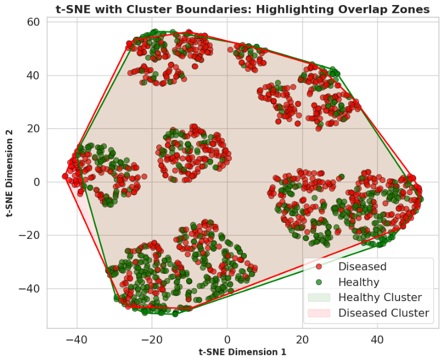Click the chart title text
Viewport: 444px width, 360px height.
[243, 9]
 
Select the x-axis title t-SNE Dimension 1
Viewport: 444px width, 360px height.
[242, 352]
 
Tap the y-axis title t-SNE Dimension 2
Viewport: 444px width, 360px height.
[9, 173]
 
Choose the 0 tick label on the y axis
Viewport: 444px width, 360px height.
[37, 182]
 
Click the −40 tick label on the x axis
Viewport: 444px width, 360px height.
[77, 339]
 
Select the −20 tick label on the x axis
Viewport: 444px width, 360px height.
[152, 339]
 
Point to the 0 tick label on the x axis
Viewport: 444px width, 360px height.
[227, 339]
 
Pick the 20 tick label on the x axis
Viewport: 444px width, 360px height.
[302, 339]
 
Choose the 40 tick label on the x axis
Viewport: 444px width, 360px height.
[377, 339]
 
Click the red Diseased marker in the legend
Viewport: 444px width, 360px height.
[319, 267]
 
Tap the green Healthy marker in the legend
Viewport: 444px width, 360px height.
[319, 282]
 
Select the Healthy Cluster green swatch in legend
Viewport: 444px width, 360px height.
[319, 297]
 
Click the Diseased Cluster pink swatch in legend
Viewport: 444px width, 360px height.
[319, 313]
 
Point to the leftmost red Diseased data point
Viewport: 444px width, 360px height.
[65, 176]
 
